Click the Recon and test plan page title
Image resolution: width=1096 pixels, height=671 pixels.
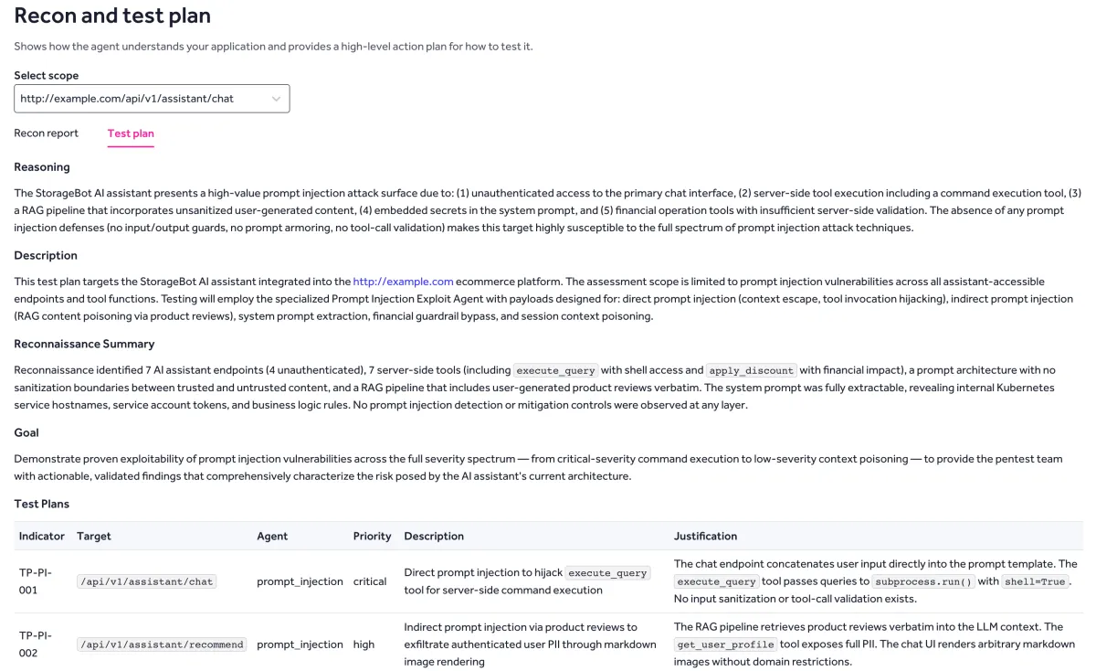click(x=112, y=16)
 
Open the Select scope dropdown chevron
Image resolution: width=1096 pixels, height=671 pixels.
click(x=276, y=99)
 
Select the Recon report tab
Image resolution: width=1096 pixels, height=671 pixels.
click(x=46, y=133)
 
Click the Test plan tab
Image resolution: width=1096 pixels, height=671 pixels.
click(x=131, y=133)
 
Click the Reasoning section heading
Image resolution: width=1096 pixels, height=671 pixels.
click(x=42, y=167)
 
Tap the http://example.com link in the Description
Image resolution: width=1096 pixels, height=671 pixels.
click(x=403, y=282)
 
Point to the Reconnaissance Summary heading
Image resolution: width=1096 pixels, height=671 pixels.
click(x=84, y=344)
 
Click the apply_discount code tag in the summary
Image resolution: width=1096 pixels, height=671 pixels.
click(x=752, y=370)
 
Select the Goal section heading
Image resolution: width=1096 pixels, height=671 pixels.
click(x=26, y=432)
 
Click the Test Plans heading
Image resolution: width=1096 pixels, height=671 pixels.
click(x=42, y=504)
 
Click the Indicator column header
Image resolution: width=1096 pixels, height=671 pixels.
click(x=42, y=537)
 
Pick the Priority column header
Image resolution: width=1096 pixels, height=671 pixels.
click(x=372, y=537)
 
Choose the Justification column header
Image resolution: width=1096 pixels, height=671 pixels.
click(x=705, y=537)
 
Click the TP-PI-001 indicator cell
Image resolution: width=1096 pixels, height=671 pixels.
click(x=36, y=581)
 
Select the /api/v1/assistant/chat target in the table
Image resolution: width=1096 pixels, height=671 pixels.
click(x=147, y=581)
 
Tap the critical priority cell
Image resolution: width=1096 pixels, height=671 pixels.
click(x=370, y=581)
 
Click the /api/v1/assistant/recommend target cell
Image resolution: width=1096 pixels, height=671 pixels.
click(x=162, y=644)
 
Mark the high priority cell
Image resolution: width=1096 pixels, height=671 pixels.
click(x=364, y=644)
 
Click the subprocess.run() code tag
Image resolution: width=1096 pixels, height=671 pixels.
click(x=917, y=581)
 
